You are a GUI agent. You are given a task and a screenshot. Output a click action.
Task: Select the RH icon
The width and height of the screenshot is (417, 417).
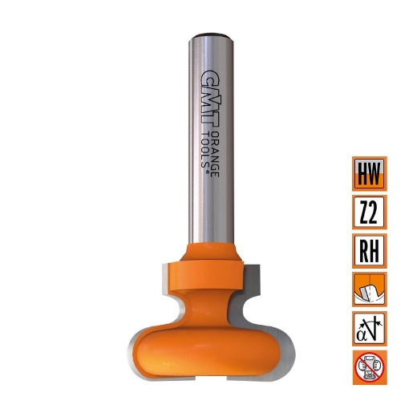(x=369, y=250)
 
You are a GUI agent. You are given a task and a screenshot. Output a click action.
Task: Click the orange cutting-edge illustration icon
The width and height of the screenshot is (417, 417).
(x=369, y=289)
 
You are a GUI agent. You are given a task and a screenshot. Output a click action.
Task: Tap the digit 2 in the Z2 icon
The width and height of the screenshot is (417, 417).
(x=375, y=213)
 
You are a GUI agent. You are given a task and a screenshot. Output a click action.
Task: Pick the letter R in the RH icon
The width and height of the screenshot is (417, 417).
(x=362, y=251)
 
